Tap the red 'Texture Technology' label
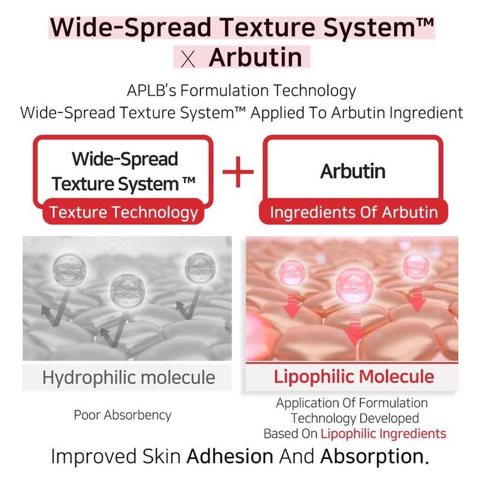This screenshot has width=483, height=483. coord(124,212)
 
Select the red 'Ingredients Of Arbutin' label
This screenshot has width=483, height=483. coord(353,212)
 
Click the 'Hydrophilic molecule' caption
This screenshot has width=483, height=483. coord(129,377)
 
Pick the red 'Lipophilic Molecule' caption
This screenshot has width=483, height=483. coord(354,377)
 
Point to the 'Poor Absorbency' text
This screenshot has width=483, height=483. coord(123,415)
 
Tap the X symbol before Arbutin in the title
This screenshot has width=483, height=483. coord(188,59)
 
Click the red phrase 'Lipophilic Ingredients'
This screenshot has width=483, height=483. coord(383,433)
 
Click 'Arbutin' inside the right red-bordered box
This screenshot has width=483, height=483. coord(353,171)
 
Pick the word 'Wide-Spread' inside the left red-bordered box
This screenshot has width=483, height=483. coord(125,159)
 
